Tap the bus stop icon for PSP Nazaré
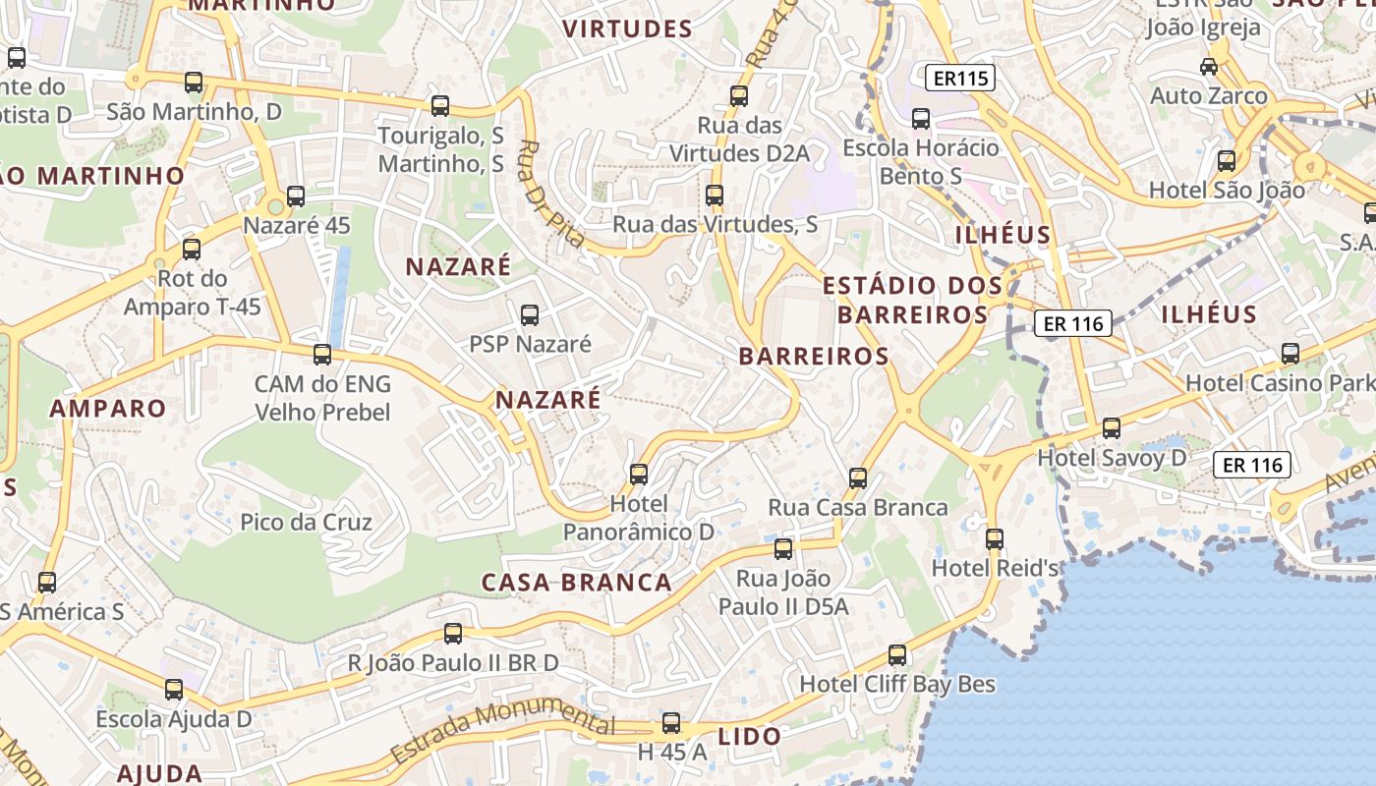(530, 315)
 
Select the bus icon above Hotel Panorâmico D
(639, 475)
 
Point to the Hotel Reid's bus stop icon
(995, 539)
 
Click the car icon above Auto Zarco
(1209, 67)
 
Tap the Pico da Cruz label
(306, 522)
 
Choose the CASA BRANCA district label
(576, 582)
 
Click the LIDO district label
(750, 736)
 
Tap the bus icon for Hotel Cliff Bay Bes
(897, 655)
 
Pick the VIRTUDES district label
(628, 29)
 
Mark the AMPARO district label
(108, 408)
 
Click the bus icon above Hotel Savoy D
(1112, 428)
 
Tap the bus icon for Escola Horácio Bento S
(921, 119)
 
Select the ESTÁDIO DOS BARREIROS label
(912, 300)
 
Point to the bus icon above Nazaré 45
(296, 196)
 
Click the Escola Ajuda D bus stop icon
(174, 690)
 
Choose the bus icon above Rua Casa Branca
(858, 478)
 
